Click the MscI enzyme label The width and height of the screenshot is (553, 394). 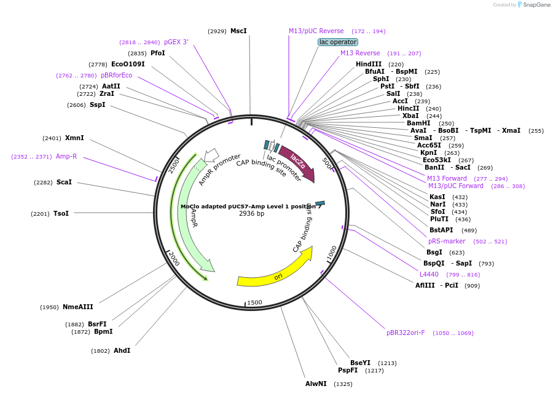point(238,31)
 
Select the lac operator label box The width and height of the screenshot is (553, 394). point(337,42)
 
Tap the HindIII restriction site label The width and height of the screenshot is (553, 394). point(369,64)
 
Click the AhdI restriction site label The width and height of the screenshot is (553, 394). point(122,350)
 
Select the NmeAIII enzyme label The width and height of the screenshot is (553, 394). point(78,307)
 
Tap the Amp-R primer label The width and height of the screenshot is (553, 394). point(66,156)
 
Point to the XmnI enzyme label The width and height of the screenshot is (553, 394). point(74,138)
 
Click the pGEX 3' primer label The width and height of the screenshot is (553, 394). point(176,42)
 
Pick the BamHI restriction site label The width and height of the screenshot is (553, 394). point(418,123)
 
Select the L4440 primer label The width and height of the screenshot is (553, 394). point(429,274)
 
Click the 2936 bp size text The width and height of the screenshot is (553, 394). point(251,213)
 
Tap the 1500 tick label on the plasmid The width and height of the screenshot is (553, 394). point(254,302)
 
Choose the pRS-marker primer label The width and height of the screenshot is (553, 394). point(447,241)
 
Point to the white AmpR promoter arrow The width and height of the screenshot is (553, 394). point(211,155)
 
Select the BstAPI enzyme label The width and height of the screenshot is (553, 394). point(441,230)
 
